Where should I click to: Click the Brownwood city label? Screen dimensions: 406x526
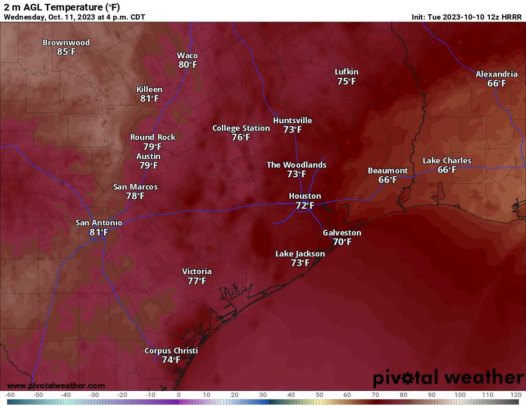(66, 43)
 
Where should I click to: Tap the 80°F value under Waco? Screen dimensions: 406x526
(187, 64)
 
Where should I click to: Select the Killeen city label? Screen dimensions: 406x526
(149, 89)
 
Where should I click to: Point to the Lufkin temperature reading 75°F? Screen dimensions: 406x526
(346, 81)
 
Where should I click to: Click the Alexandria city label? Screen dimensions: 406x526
(496, 74)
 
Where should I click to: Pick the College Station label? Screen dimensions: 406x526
(241, 128)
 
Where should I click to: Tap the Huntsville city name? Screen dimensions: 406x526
(292, 120)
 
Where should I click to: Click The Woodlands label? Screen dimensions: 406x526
(296, 165)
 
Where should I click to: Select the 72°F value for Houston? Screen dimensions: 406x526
(305, 205)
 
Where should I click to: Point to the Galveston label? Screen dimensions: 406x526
(342, 233)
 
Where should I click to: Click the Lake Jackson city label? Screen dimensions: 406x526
(300, 254)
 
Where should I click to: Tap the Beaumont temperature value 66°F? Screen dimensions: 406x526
(387, 180)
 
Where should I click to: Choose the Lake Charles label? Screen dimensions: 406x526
(447, 160)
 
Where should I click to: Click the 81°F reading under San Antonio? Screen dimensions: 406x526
(99, 232)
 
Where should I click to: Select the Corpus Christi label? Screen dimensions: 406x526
(171, 351)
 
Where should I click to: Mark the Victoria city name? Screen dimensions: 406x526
(197, 271)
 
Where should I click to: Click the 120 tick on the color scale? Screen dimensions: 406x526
(515, 395)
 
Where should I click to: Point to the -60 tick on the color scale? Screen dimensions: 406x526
(10, 395)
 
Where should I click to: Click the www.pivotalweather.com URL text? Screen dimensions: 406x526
(56, 385)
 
